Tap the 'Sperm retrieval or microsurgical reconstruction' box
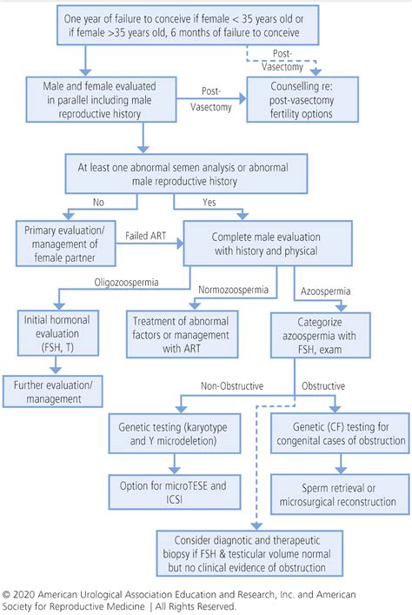(x=337, y=494)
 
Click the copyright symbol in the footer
(x=7, y=596)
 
